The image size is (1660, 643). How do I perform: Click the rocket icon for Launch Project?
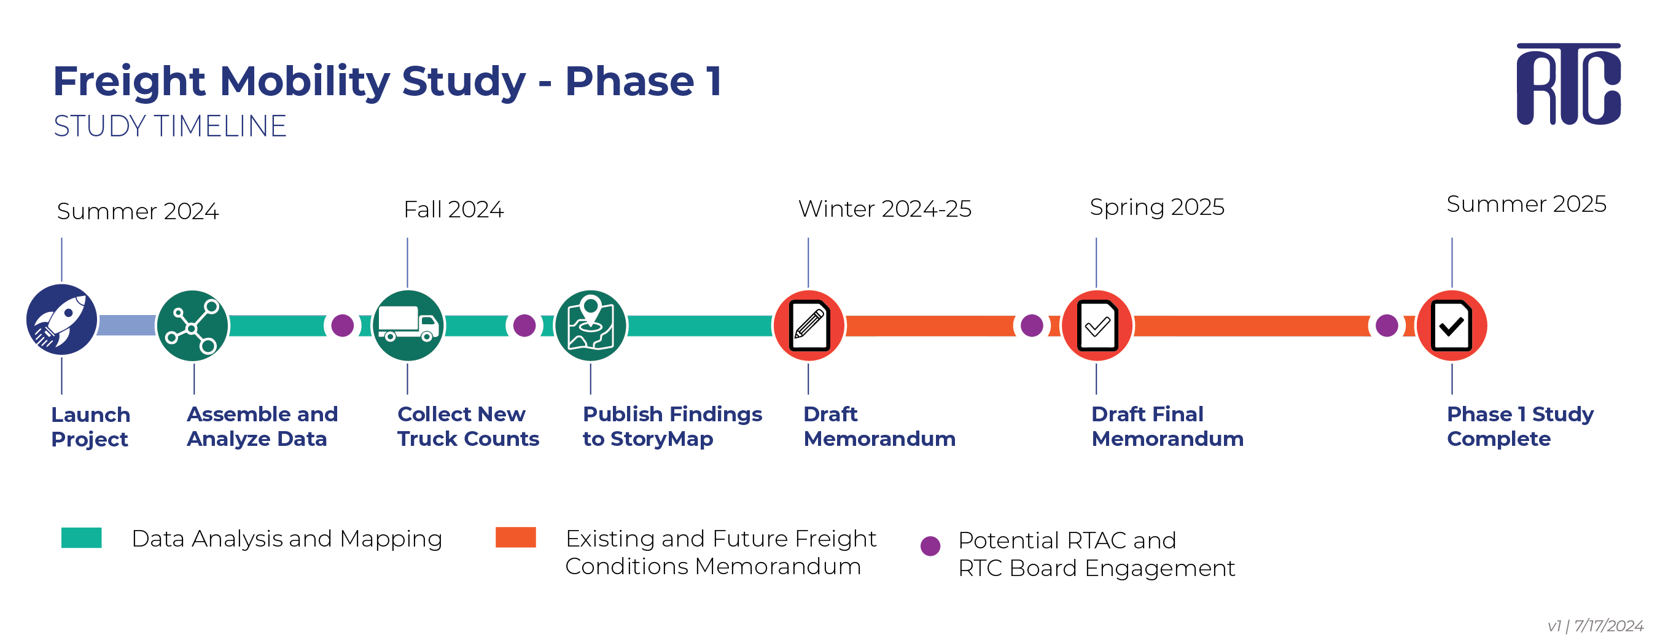[x=62, y=319]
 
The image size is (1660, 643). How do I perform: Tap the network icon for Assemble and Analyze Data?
[x=192, y=325]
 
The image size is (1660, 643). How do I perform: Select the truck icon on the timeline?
[x=408, y=325]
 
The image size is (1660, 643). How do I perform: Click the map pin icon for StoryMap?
[x=590, y=325]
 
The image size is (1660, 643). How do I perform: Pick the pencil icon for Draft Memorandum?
[x=809, y=325]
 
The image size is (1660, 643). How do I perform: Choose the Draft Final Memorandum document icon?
[x=1097, y=325]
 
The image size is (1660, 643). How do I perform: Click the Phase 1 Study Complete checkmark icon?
[x=1452, y=325]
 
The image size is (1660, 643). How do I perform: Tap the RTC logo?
[x=1568, y=84]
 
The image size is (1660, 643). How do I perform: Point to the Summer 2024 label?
[x=138, y=211]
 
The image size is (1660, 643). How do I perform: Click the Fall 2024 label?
[x=454, y=209]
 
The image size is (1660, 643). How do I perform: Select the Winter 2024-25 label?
[x=885, y=209]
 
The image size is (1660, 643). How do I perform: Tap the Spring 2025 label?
[x=1156, y=208]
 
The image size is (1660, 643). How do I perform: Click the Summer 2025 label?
[x=1527, y=204]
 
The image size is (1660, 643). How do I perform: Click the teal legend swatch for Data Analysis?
[x=81, y=537]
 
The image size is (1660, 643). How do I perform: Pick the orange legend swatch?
[x=515, y=537]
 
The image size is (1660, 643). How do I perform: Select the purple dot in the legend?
[x=930, y=546]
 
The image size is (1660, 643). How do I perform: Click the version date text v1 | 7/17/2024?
[x=1596, y=626]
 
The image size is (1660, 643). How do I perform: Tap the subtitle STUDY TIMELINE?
[x=170, y=127]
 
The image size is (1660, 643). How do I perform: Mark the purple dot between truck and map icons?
[x=524, y=325]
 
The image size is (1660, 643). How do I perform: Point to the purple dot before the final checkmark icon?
[x=1387, y=325]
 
